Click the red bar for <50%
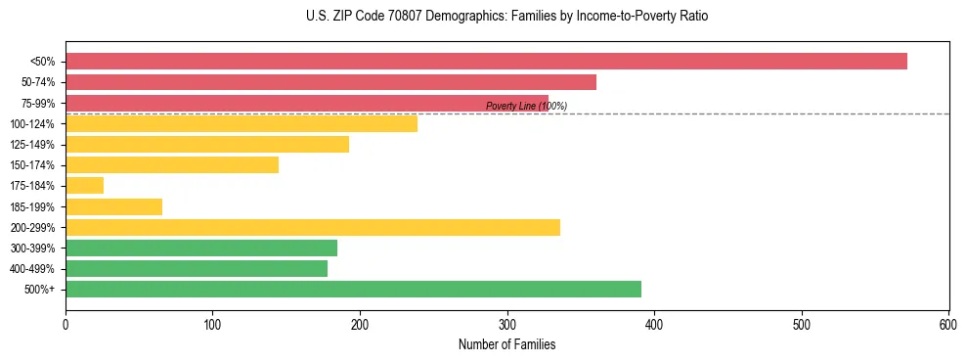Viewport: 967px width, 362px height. click(x=486, y=62)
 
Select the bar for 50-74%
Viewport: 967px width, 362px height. click(x=330, y=82)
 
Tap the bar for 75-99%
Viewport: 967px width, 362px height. click(x=306, y=103)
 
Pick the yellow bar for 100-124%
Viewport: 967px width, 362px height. click(x=242, y=123)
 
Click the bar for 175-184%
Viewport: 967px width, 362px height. click(x=84, y=186)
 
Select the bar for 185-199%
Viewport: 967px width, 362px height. click(x=113, y=206)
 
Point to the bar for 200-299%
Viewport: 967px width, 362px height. click(x=313, y=227)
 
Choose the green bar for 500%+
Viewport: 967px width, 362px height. click(x=353, y=289)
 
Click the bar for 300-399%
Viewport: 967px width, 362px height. click(x=201, y=248)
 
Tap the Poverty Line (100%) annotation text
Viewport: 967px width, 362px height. click(x=526, y=106)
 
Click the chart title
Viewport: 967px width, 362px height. click(x=506, y=17)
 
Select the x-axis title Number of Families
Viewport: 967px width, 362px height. click(x=506, y=344)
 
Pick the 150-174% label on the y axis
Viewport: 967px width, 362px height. click(x=32, y=165)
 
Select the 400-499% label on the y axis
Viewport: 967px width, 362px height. click(x=32, y=269)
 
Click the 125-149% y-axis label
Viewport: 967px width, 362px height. click(x=32, y=145)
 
